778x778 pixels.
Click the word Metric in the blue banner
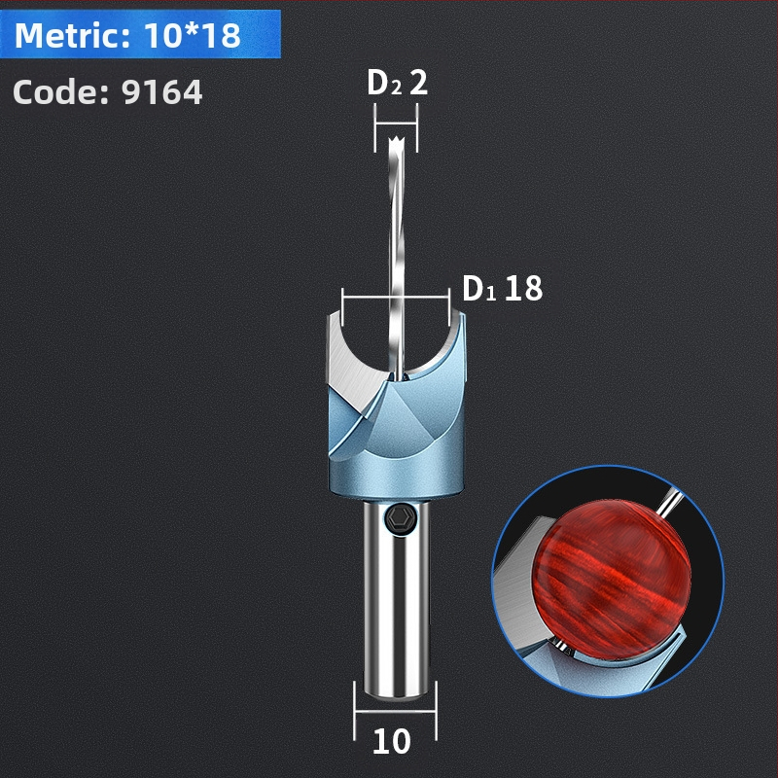click(x=71, y=35)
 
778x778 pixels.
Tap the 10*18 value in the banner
click(x=193, y=35)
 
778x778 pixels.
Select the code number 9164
click(x=162, y=91)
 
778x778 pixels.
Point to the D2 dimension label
click(x=384, y=83)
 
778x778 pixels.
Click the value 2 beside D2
click(x=418, y=83)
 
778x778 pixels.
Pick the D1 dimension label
click(x=478, y=288)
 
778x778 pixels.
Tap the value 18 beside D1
click(x=523, y=288)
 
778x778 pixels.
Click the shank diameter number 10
click(x=392, y=742)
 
